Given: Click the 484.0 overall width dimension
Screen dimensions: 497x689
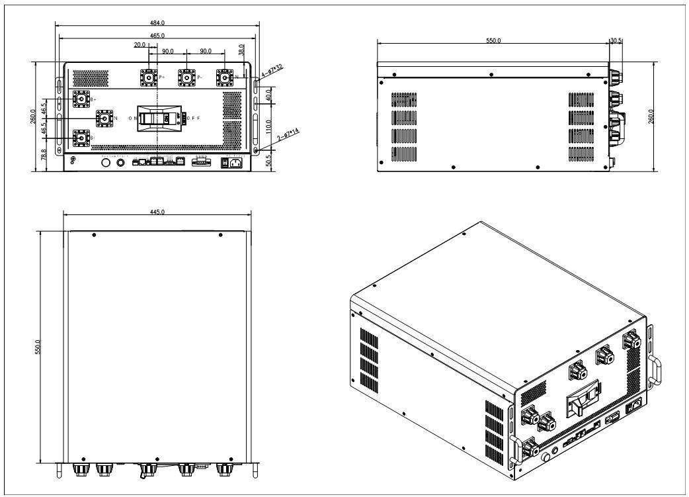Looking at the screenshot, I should point(157,24).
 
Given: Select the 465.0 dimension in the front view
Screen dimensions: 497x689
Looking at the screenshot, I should point(157,34).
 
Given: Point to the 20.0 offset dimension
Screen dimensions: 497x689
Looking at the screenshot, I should point(140,46).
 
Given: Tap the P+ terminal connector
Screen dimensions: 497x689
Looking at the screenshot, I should point(147,77).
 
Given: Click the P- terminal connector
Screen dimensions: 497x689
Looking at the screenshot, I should point(186,77).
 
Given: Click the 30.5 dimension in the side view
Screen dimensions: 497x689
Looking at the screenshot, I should point(616,41).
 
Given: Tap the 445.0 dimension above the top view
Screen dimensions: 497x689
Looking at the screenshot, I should point(157,211).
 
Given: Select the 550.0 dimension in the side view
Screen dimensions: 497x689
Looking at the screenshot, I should point(493,41).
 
